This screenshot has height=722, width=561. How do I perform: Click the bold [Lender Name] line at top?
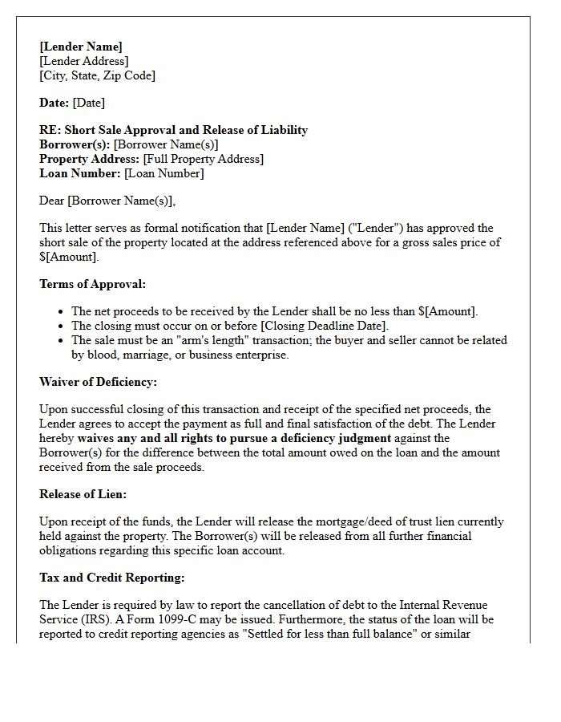click(81, 47)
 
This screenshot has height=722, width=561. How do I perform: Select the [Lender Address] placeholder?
click(83, 61)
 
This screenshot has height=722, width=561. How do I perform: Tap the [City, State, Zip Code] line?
click(97, 75)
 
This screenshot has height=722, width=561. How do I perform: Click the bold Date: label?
click(54, 103)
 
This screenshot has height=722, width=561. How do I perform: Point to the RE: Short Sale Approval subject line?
click(173, 130)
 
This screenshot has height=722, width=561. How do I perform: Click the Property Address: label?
click(89, 159)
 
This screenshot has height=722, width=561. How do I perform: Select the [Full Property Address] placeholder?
click(203, 159)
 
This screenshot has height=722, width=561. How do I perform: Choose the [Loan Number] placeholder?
click(163, 173)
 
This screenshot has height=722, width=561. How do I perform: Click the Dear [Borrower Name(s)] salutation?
click(107, 201)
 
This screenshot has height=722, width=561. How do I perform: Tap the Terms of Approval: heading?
click(92, 284)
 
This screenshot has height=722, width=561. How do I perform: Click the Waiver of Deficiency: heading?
click(98, 382)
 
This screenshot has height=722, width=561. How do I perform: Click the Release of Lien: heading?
click(83, 494)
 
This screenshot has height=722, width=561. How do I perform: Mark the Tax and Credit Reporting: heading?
click(111, 578)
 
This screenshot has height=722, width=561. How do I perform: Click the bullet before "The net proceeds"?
click(62, 311)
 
